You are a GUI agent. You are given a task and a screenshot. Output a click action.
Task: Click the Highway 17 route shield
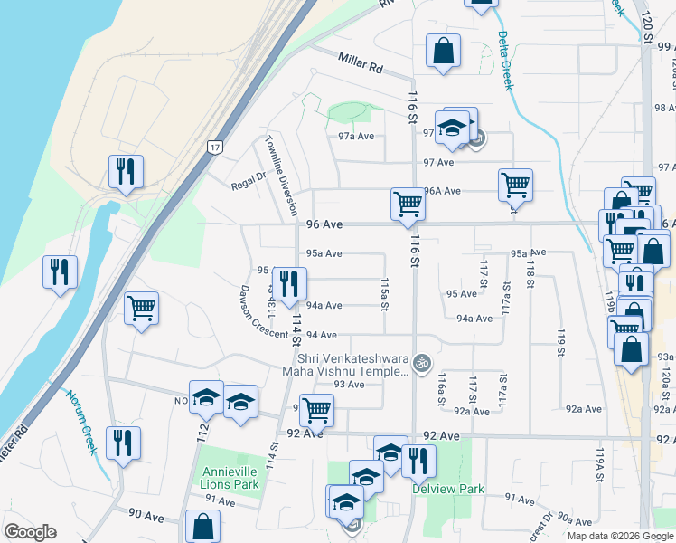[213, 147]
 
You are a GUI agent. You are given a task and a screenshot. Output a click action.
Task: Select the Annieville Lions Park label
[231, 478]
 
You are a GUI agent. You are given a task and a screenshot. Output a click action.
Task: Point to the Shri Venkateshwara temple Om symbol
[418, 364]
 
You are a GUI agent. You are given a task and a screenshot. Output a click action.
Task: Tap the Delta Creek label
[504, 61]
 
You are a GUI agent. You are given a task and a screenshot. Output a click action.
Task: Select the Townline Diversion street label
[281, 176]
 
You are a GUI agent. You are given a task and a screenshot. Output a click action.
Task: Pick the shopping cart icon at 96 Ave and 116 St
[408, 204]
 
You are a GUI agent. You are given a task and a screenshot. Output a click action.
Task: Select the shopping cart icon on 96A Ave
[515, 185]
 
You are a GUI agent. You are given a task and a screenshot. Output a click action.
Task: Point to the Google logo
[30, 532]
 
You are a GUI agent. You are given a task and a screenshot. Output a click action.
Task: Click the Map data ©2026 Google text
[619, 536]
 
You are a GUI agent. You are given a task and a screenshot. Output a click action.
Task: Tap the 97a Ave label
[356, 136]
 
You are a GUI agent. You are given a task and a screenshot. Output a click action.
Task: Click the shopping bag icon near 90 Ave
[203, 526]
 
